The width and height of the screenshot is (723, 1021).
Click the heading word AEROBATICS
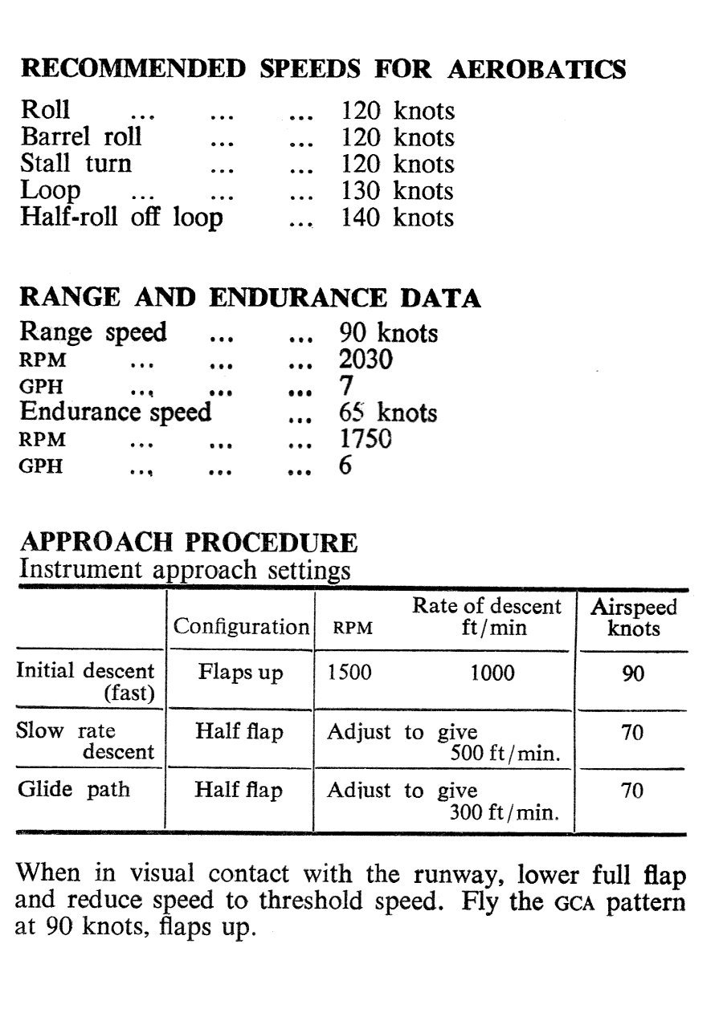pyautogui.click(x=536, y=69)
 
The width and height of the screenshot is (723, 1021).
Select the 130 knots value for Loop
pyautogui.click(x=398, y=191)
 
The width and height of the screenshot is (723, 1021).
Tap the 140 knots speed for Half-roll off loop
pyautogui.click(x=398, y=218)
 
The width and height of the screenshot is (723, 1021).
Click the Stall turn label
pyautogui.click(x=76, y=164)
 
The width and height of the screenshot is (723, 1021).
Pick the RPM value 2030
pyautogui.click(x=366, y=360)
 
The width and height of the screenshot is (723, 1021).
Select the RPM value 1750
pyautogui.click(x=366, y=439)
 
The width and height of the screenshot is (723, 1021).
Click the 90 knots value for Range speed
pyautogui.click(x=389, y=332)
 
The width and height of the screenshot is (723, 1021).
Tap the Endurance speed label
pyautogui.click(x=116, y=413)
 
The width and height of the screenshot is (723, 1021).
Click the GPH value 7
pyautogui.click(x=346, y=386)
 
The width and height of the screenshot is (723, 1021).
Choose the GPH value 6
pyautogui.click(x=345, y=466)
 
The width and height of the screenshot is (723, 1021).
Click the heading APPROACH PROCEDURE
pyautogui.click(x=188, y=543)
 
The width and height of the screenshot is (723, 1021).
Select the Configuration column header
pyautogui.click(x=242, y=627)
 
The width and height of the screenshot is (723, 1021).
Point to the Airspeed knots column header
pyautogui.click(x=634, y=617)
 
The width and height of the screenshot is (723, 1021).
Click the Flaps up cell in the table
pyautogui.click(x=240, y=673)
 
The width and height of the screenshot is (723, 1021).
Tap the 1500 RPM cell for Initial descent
pyautogui.click(x=349, y=673)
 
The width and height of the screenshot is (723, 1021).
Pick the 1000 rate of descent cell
pyautogui.click(x=492, y=673)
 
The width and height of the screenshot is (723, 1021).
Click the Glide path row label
pyautogui.click(x=74, y=789)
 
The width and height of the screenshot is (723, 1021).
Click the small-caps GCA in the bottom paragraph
pyautogui.click(x=574, y=902)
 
